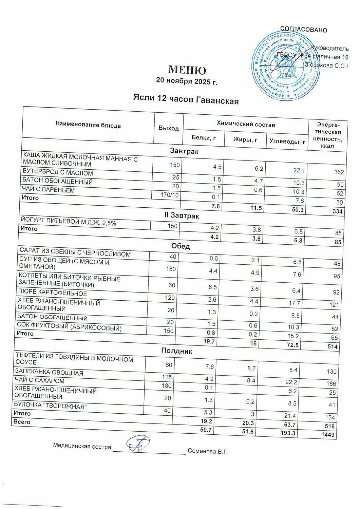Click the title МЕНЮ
(187, 70)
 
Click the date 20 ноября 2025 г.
(186, 81)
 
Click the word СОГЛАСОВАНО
(304, 30)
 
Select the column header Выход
(169, 128)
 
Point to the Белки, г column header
(204, 137)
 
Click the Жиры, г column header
(245, 139)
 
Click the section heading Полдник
(176, 351)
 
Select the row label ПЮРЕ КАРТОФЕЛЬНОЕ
(53, 293)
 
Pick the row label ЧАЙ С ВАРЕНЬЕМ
(49, 190)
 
